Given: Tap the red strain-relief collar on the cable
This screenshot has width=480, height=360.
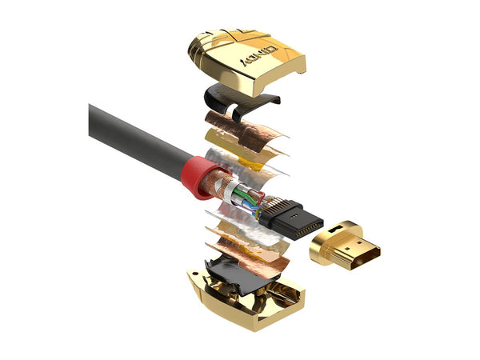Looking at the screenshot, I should tap(196, 174).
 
